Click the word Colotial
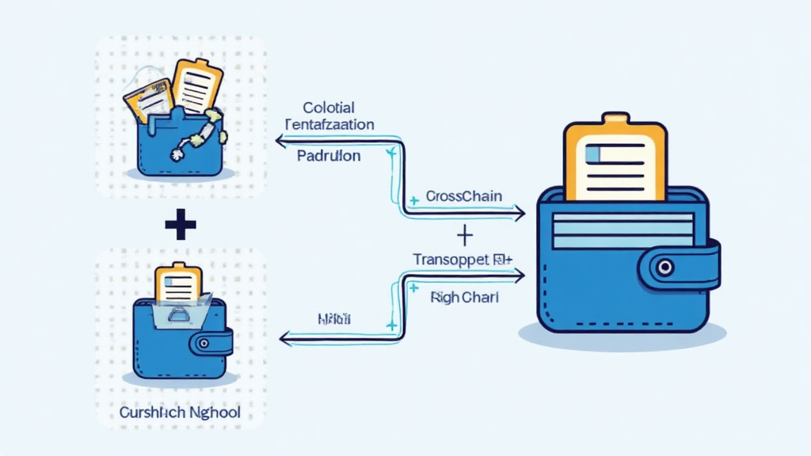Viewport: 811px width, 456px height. point(328,108)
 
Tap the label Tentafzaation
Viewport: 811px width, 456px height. point(329,124)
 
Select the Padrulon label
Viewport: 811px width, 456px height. point(329,156)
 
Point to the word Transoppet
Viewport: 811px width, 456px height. point(451,259)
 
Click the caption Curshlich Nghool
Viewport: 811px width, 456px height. point(180,413)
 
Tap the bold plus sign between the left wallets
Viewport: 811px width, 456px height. point(181,226)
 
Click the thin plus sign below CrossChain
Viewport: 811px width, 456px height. point(465,234)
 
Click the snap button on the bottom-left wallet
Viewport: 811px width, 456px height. point(205,344)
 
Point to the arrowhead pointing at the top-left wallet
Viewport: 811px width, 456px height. point(279,141)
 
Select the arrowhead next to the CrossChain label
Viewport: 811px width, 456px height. point(519,212)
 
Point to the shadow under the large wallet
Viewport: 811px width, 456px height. point(622,336)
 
